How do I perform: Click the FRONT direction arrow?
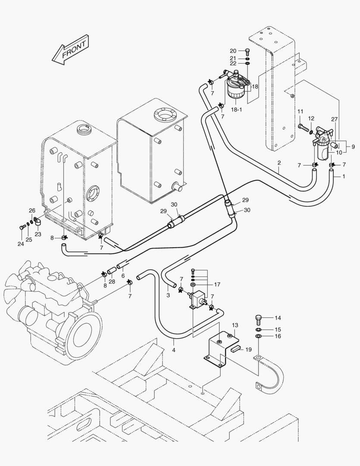69,50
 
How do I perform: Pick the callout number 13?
235,325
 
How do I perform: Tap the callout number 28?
112,281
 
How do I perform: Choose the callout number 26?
32,211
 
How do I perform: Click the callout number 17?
217,284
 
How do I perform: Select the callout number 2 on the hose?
279,163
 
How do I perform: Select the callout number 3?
168,295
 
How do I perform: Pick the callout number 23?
38,234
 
